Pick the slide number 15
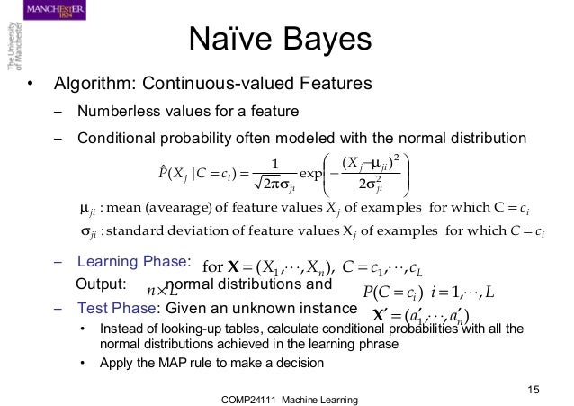tap(534, 388)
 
